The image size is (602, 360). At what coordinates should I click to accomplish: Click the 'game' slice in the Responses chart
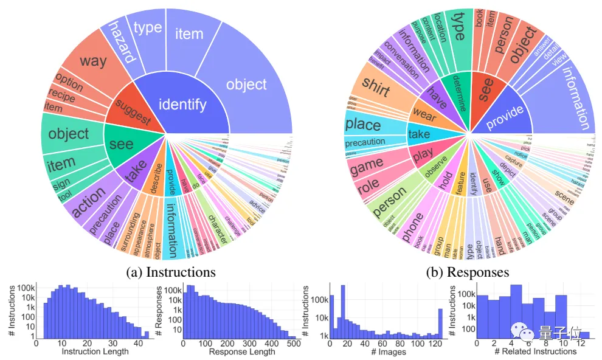coord(367,164)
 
